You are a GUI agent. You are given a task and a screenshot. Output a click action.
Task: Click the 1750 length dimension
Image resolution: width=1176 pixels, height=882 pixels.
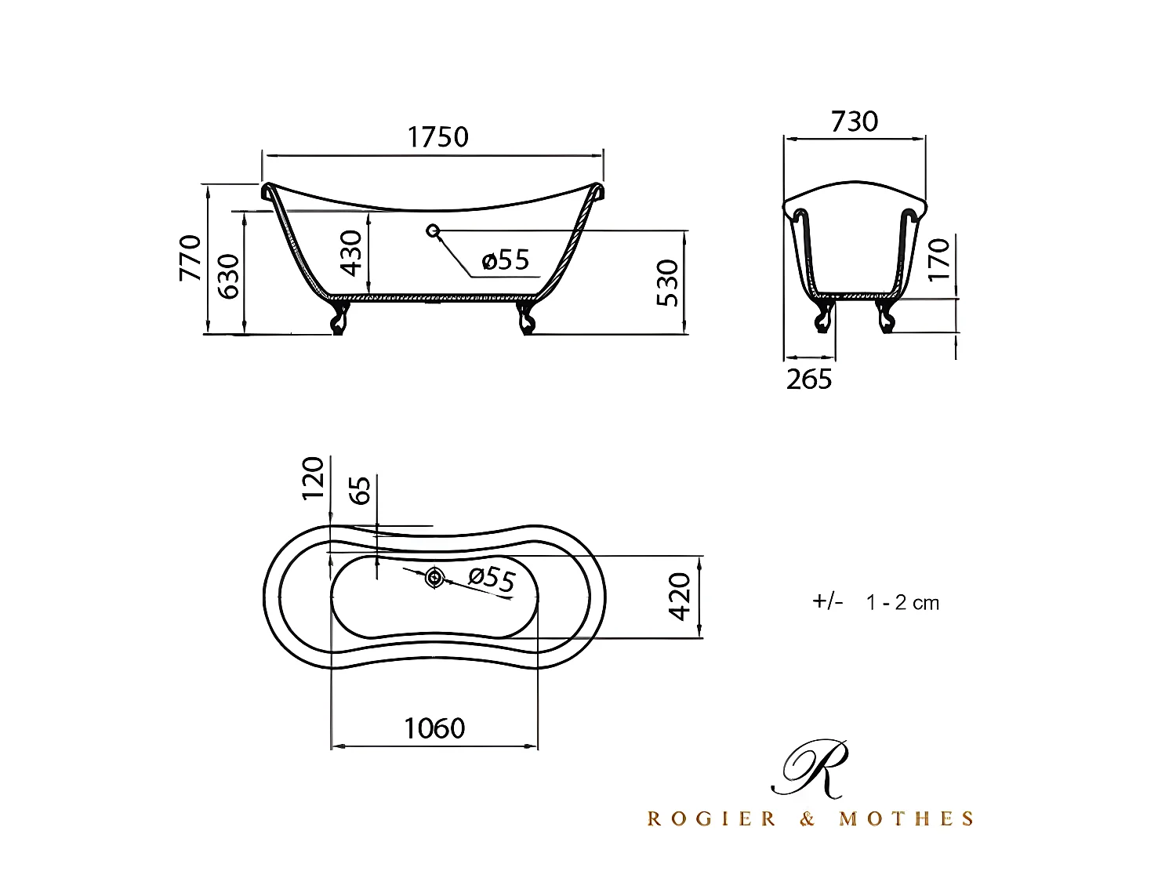pyautogui.click(x=437, y=137)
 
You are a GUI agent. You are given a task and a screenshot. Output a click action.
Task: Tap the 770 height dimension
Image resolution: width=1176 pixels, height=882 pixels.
pyautogui.click(x=191, y=257)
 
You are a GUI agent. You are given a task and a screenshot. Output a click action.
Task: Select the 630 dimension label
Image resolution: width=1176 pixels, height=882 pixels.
pyautogui.click(x=229, y=276)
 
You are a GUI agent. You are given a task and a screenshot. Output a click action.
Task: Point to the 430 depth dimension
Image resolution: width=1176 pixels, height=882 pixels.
pyautogui.click(x=352, y=252)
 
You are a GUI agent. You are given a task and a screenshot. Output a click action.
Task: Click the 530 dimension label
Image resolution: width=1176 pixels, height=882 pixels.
pyautogui.click(x=667, y=283)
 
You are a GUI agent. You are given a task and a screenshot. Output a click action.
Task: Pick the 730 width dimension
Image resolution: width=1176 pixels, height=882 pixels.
pyautogui.click(x=855, y=122)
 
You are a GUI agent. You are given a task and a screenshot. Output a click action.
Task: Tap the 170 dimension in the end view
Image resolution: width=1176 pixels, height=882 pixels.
pyautogui.click(x=938, y=259)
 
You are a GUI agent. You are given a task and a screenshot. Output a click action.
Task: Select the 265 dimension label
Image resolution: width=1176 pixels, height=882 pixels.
pyautogui.click(x=809, y=379)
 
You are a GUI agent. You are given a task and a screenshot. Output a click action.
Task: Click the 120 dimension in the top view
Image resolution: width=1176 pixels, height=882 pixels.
pyautogui.click(x=313, y=478)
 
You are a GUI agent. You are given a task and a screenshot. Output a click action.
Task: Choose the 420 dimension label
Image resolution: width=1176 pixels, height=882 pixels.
pyautogui.click(x=680, y=596)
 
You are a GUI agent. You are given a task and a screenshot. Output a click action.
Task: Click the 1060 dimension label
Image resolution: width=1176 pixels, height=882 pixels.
pyautogui.click(x=434, y=728)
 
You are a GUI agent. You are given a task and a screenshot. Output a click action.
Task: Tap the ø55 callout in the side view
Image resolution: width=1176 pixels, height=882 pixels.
pyautogui.click(x=506, y=260)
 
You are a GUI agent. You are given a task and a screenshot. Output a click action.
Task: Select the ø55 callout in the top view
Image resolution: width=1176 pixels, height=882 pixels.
pyautogui.click(x=492, y=579)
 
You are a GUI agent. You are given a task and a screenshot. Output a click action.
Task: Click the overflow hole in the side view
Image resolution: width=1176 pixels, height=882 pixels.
pyautogui.click(x=432, y=230)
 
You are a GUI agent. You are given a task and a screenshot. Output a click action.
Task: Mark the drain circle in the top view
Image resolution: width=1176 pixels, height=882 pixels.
pyautogui.click(x=434, y=579)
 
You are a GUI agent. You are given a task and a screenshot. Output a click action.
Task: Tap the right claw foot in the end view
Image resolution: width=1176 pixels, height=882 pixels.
pyautogui.click(x=886, y=316)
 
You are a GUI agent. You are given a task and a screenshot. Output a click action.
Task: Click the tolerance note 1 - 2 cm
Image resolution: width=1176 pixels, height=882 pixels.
pyautogui.click(x=902, y=602)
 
